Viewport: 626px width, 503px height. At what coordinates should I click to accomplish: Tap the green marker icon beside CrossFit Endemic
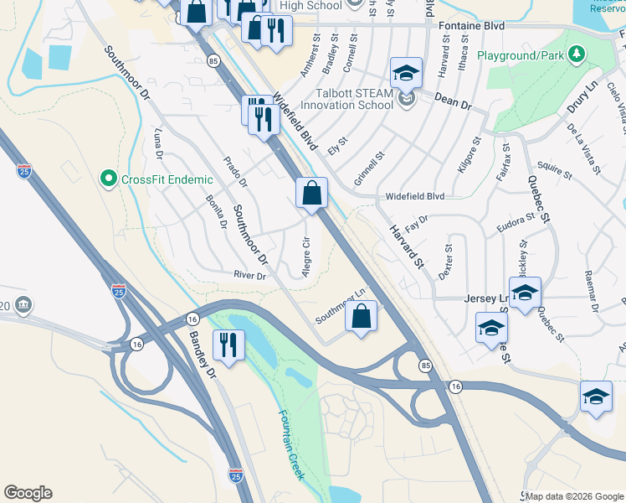click(108, 178)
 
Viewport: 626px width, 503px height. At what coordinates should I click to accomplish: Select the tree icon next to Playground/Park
click(575, 55)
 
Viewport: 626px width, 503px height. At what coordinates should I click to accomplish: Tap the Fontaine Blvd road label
click(471, 27)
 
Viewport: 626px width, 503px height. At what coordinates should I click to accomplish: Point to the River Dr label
click(249, 275)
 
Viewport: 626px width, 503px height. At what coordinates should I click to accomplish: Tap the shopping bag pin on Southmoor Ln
click(361, 317)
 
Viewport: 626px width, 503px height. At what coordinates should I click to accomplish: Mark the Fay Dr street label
click(416, 222)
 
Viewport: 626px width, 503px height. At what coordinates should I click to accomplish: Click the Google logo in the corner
click(28, 493)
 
